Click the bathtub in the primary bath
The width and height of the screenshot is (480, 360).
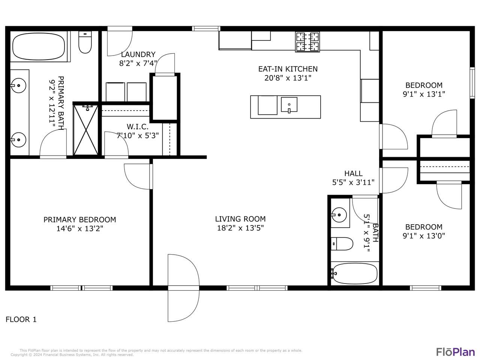point(39,46)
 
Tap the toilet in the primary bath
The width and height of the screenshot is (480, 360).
point(85,42)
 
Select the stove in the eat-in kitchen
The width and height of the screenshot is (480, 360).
point(307,42)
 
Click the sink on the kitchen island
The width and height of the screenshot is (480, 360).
point(289,105)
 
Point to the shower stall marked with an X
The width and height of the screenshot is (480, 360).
point(86,130)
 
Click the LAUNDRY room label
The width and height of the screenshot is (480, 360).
point(138,54)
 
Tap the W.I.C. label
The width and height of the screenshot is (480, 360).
point(138,126)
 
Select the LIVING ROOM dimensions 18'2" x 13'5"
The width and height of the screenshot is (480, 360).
point(240,228)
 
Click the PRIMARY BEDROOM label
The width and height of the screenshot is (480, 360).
point(79,220)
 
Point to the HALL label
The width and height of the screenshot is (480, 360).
point(353,174)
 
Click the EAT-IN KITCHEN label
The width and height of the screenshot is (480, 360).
point(288,69)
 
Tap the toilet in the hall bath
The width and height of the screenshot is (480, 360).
point(342,244)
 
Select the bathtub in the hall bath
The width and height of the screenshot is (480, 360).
point(354,273)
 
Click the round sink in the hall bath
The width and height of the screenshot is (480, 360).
point(339,215)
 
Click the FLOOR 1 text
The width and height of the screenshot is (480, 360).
point(21,319)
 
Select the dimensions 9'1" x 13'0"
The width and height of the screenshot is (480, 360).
point(424,236)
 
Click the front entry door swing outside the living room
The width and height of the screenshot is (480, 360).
point(183,288)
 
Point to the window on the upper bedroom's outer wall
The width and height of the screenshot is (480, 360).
point(472,83)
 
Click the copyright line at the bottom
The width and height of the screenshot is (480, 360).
point(72,355)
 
